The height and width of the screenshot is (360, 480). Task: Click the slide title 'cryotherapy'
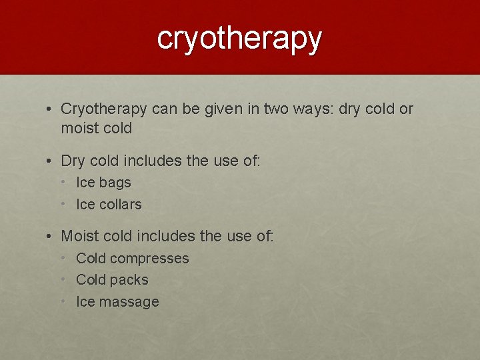(x=240, y=39)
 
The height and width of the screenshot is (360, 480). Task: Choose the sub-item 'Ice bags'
(x=103, y=183)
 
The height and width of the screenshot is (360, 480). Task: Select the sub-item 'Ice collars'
(x=109, y=205)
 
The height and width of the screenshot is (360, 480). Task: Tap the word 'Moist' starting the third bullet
(x=79, y=236)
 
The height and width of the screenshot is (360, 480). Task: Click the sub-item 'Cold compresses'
(x=132, y=259)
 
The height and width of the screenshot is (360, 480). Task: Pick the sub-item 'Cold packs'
(x=112, y=280)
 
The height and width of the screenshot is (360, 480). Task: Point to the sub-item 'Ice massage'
(x=117, y=302)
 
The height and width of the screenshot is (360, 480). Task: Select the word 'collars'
(x=121, y=205)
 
